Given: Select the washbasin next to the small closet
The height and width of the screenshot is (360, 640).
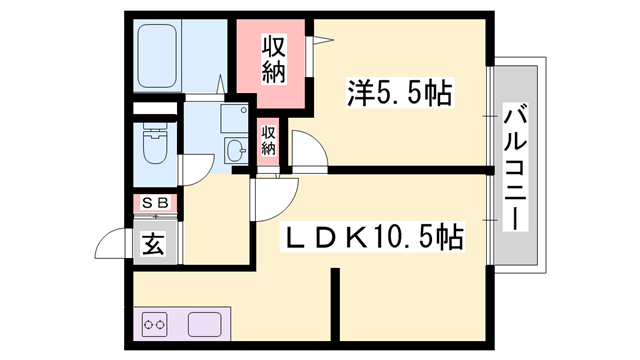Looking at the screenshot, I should click(x=237, y=151).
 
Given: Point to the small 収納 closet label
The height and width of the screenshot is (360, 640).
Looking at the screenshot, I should click(x=268, y=139).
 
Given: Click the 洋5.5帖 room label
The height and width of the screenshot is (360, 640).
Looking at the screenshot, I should click(x=400, y=94).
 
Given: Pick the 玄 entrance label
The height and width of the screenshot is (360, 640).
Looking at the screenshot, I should click(x=153, y=243).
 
